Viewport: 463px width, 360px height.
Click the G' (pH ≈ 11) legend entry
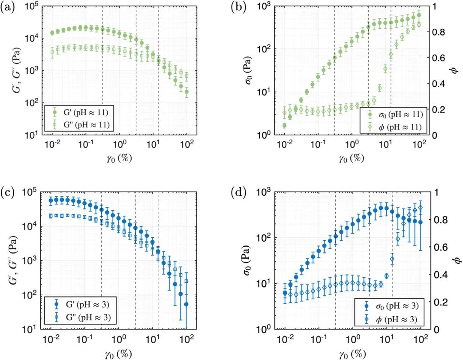coord(78,112)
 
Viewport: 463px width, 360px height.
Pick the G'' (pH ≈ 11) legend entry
coord(78,125)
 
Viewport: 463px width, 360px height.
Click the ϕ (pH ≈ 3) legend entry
coord(391,320)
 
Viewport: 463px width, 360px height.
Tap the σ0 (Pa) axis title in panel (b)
coord(250,70)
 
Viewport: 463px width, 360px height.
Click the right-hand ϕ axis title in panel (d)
coord(457,260)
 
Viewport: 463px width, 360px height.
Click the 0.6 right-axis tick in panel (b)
coord(436,57)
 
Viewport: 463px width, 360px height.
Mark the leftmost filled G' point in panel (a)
coord(52,33)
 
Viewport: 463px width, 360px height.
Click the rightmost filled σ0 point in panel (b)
coord(419,15)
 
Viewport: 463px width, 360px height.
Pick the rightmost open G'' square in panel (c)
coord(186,281)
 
